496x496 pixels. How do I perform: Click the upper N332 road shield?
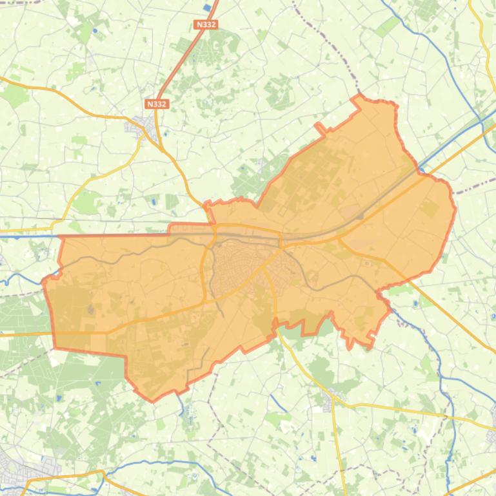[x=206, y=24]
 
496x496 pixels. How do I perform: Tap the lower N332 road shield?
[x=157, y=104]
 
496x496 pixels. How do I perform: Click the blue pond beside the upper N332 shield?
[x=206, y=8]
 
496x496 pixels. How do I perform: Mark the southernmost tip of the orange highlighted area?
[x=153, y=400]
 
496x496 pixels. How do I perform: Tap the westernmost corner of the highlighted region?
[x=43, y=281]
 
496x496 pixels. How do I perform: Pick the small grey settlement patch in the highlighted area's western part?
[x=90, y=310]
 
